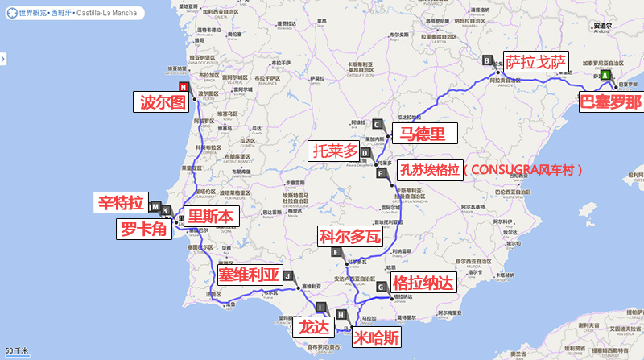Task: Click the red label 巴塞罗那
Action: pos(611,102)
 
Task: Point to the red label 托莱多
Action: pos(335,151)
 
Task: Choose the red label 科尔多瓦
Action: pos(348,237)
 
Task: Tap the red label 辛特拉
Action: pos(121,202)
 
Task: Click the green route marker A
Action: pos(605,74)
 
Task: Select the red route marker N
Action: pos(184,87)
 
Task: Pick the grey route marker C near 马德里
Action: pos(377,123)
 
